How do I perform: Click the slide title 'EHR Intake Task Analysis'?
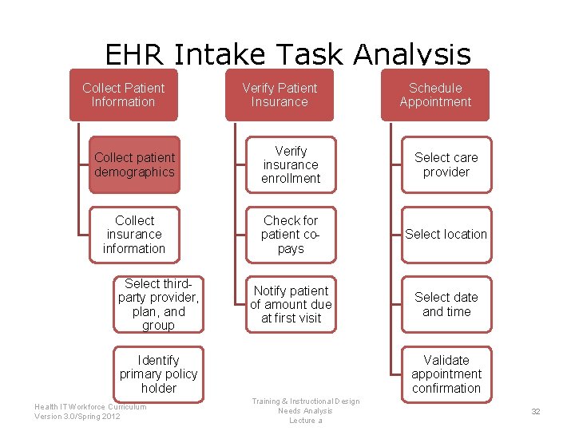pos(287,54)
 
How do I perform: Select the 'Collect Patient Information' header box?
pos(123,95)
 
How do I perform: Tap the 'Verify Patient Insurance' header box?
pos(280,95)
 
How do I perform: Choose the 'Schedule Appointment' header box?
pos(435,95)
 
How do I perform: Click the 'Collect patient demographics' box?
pos(134,164)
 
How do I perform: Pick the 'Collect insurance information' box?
pos(134,234)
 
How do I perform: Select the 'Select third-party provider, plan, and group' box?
pos(158,304)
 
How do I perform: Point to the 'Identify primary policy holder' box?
pos(158,374)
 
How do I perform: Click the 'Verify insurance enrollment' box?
pos(291,164)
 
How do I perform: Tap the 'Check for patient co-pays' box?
pos(291,234)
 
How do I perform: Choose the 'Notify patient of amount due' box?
pos(291,304)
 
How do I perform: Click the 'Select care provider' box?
pos(446,164)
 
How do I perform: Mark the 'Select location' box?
pos(446,234)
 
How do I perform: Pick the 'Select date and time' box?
pos(446,304)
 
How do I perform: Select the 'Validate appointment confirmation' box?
pos(446,374)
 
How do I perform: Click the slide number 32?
pos(536,411)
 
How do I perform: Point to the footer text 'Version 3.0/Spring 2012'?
pos(77,416)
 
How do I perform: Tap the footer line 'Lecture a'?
pos(306,421)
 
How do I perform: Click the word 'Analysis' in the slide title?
pos(413,54)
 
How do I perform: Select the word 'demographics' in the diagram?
pos(134,172)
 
